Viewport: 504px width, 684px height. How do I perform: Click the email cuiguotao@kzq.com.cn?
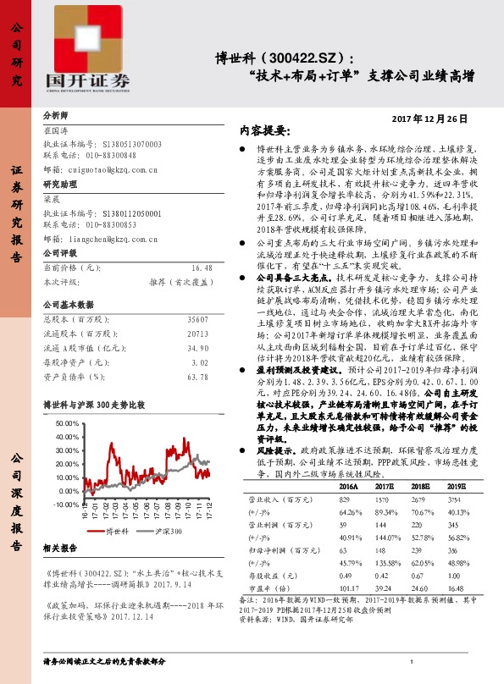(x=114, y=168)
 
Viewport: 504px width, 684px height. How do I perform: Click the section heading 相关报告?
(x=60, y=549)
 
